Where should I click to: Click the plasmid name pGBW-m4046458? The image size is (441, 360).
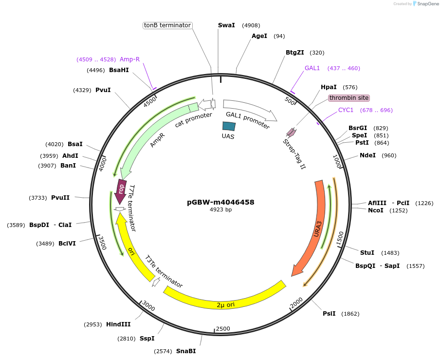coord(220,202)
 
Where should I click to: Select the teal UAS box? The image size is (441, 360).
coord(229,126)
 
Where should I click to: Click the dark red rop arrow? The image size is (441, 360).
coord(121,188)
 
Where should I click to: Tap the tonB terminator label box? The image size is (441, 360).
coord(167,25)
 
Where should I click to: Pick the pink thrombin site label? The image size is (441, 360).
coord(349,98)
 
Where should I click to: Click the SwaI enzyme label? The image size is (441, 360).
coord(226,25)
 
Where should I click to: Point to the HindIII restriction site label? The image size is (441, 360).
coord(118,324)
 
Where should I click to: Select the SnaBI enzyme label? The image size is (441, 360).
coord(186,351)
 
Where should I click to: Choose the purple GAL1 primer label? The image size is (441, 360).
coord(312,68)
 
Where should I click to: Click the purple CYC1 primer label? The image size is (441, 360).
coord(346,110)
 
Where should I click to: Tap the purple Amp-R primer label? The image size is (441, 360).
coord(129,59)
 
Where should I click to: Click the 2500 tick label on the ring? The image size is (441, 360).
coord(222,329)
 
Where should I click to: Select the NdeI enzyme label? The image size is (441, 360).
coord(367,155)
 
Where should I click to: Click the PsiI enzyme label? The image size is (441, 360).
coord(329,313)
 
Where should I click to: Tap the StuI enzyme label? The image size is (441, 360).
coord(367,252)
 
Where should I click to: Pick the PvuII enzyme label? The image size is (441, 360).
coord(60,198)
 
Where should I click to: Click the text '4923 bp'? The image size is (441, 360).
coord(220,209)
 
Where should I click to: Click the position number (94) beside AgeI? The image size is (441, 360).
coord(279,36)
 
